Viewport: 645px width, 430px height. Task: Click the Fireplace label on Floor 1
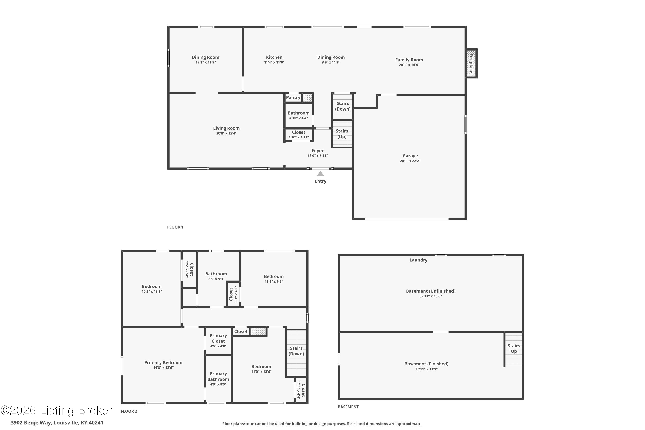click(x=471, y=63)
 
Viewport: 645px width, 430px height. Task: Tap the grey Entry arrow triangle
click(x=320, y=174)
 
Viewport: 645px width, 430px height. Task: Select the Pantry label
click(x=293, y=98)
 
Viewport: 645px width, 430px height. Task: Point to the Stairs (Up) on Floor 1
click(x=342, y=134)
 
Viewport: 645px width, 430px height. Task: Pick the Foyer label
click(x=318, y=150)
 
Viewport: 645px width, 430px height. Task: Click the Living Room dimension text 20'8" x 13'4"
click(x=226, y=134)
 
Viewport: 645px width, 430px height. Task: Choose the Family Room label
click(x=409, y=60)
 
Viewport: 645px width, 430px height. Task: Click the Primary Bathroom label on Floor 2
click(x=218, y=376)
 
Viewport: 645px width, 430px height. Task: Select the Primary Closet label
click(x=218, y=338)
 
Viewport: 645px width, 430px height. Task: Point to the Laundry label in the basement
click(x=418, y=260)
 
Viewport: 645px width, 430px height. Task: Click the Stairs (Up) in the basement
click(x=514, y=348)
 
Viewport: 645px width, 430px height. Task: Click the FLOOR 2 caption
click(x=129, y=411)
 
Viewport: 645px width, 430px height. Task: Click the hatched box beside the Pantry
click(x=307, y=98)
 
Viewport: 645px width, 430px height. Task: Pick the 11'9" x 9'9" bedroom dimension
click(x=273, y=282)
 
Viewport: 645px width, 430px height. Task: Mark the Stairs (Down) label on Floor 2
click(x=296, y=351)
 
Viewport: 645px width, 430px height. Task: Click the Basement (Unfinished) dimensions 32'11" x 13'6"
click(x=430, y=296)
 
